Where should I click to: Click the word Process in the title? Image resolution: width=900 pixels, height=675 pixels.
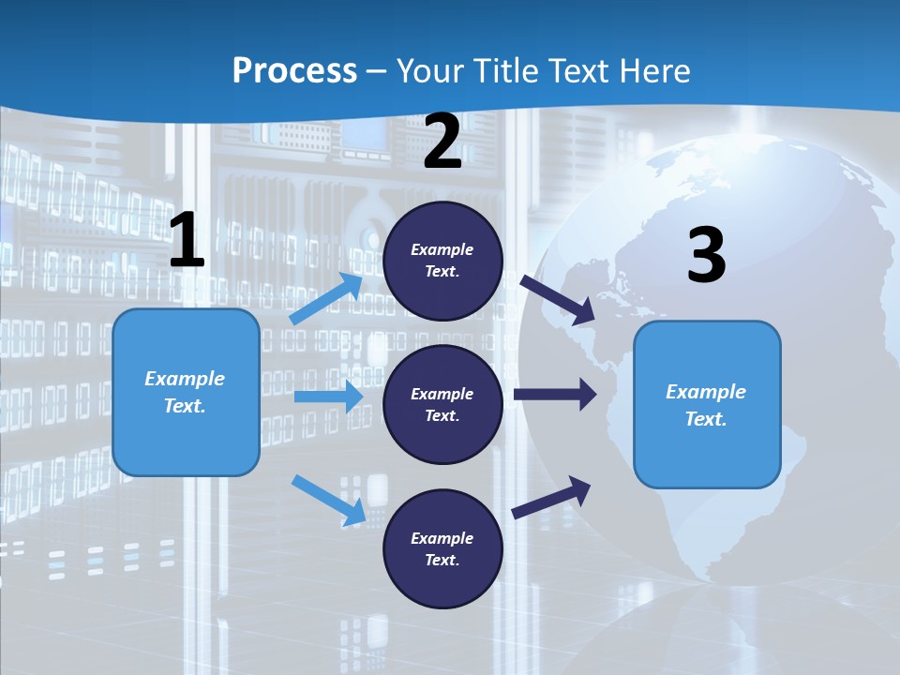(x=294, y=70)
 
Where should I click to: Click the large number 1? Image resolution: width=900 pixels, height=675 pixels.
(x=187, y=240)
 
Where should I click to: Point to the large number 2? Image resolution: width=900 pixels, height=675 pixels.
(x=442, y=142)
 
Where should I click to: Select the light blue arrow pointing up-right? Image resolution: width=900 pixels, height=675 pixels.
(x=327, y=299)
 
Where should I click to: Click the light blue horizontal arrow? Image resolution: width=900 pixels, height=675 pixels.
(x=328, y=397)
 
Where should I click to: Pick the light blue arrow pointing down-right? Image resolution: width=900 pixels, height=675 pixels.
(x=328, y=500)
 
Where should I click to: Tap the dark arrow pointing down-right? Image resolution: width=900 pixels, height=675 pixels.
(x=558, y=299)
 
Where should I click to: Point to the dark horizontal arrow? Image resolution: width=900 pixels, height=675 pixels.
(x=555, y=395)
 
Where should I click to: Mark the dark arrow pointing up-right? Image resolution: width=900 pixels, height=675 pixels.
(x=552, y=497)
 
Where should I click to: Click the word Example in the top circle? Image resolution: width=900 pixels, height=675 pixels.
(x=442, y=249)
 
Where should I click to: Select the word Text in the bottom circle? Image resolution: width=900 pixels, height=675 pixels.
(x=442, y=560)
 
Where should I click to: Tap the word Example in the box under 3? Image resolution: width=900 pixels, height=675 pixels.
(x=706, y=392)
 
